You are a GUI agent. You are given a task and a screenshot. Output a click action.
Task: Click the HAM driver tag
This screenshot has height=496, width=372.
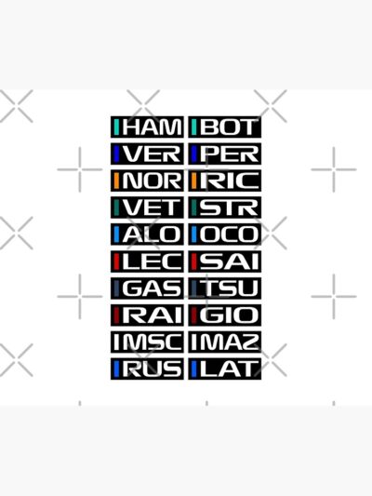click(x=147, y=127)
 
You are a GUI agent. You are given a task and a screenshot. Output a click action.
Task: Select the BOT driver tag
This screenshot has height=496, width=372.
click(x=225, y=127)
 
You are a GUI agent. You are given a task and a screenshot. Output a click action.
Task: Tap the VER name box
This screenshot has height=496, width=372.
click(x=147, y=154)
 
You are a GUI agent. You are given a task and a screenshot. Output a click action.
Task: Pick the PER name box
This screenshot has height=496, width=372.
click(x=225, y=154)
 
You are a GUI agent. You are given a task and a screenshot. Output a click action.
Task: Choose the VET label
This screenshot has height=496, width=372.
click(x=147, y=208)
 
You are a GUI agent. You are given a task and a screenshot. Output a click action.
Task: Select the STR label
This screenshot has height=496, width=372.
click(x=225, y=208)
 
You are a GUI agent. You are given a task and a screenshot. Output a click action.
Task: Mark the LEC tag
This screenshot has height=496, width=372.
click(x=147, y=261)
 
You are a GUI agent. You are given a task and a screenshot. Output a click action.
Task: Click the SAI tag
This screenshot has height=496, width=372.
click(x=225, y=261)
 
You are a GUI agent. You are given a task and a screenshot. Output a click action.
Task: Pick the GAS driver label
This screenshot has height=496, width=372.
click(x=147, y=288)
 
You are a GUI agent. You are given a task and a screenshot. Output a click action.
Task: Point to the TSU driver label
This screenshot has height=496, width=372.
click(x=225, y=288)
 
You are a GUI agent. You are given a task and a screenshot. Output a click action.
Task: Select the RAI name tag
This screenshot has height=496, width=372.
click(x=147, y=315)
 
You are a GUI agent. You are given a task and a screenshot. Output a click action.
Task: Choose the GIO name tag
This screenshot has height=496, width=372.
click(x=225, y=315)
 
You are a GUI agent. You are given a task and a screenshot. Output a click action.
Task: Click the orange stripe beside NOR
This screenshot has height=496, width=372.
click(x=116, y=181)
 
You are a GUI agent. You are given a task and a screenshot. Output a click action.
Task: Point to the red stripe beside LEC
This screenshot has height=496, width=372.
click(x=116, y=261)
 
